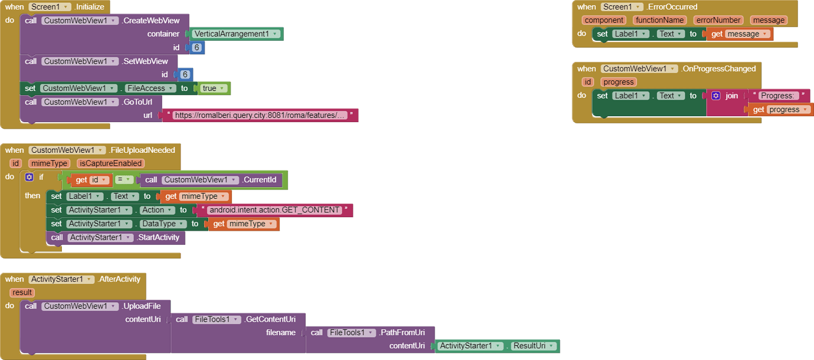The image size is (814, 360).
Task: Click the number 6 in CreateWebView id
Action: [196, 47]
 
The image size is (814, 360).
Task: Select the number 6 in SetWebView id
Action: [185, 74]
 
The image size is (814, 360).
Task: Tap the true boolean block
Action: [210, 89]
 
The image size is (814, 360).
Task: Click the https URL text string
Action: [260, 115]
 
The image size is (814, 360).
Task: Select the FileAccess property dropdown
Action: [150, 89]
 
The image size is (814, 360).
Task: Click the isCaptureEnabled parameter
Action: [110, 163]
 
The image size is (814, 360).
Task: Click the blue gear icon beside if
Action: [29, 177]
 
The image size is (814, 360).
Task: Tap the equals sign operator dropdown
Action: [124, 179]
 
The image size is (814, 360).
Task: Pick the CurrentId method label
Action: [261, 180]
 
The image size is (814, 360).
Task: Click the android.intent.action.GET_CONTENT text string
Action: [274, 210]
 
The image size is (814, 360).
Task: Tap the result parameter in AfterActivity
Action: [22, 293]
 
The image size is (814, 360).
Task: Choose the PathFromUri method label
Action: [406, 332]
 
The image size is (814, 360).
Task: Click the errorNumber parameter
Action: [718, 20]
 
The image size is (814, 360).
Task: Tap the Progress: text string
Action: [779, 96]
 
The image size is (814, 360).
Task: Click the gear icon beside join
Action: [715, 96]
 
